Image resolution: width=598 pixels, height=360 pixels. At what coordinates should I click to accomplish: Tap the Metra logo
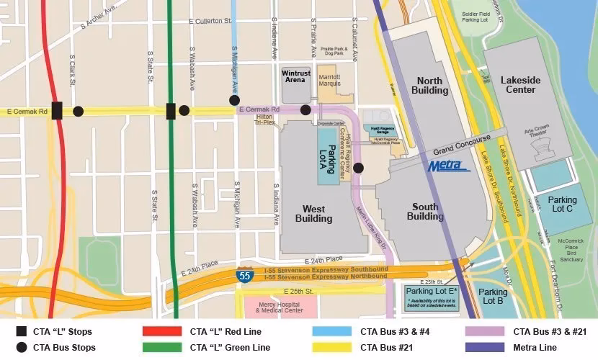[x=449, y=166]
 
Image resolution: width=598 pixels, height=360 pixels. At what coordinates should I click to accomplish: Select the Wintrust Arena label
[x=295, y=77]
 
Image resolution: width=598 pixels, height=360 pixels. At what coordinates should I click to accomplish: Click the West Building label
[x=313, y=214]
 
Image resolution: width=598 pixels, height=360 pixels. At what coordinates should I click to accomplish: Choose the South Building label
[x=425, y=212]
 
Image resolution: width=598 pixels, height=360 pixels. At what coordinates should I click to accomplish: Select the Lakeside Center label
[x=518, y=85]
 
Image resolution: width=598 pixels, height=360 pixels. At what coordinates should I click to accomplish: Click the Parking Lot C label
[x=562, y=204]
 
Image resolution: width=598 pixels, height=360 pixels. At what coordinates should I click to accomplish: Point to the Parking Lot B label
[x=494, y=297]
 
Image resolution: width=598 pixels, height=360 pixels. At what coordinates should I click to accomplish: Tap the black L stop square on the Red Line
[x=57, y=111]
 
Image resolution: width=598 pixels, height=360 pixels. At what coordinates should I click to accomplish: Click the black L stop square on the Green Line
[x=171, y=111]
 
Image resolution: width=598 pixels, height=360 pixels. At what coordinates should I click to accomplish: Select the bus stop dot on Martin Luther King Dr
[x=359, y=168]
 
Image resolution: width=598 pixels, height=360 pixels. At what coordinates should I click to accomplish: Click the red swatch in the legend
[x=163, y=333]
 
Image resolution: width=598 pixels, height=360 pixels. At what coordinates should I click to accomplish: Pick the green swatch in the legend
[x=163, y=348]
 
